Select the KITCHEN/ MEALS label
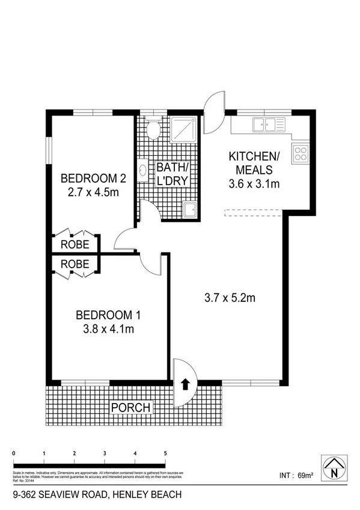click(254, 163)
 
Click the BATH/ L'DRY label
click(173, 173)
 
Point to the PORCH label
click(130, 407)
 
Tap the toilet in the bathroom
click(153, 128)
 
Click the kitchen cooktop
click(301, 153)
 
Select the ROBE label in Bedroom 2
click(75, 244)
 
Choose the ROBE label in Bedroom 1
click(75, 263)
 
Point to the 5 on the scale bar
click(165, 453)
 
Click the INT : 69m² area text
click(297, 476)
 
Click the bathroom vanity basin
click(143, 170)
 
